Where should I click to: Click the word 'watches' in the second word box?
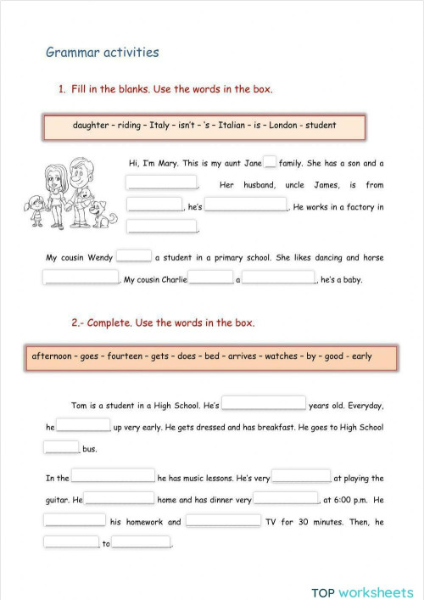[281, 356]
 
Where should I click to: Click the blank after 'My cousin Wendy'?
[133, 255]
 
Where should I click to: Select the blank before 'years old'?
[264, 404]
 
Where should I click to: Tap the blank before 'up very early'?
[84, 426]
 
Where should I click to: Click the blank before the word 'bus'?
[61, 447]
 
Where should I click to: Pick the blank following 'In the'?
[114, 476]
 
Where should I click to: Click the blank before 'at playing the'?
[301, 476]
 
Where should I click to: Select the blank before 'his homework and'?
[75, 520]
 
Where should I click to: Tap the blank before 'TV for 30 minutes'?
[223, 520]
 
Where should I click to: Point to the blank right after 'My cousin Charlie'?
[210, 278]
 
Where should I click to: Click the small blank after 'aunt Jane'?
[271, 162]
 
